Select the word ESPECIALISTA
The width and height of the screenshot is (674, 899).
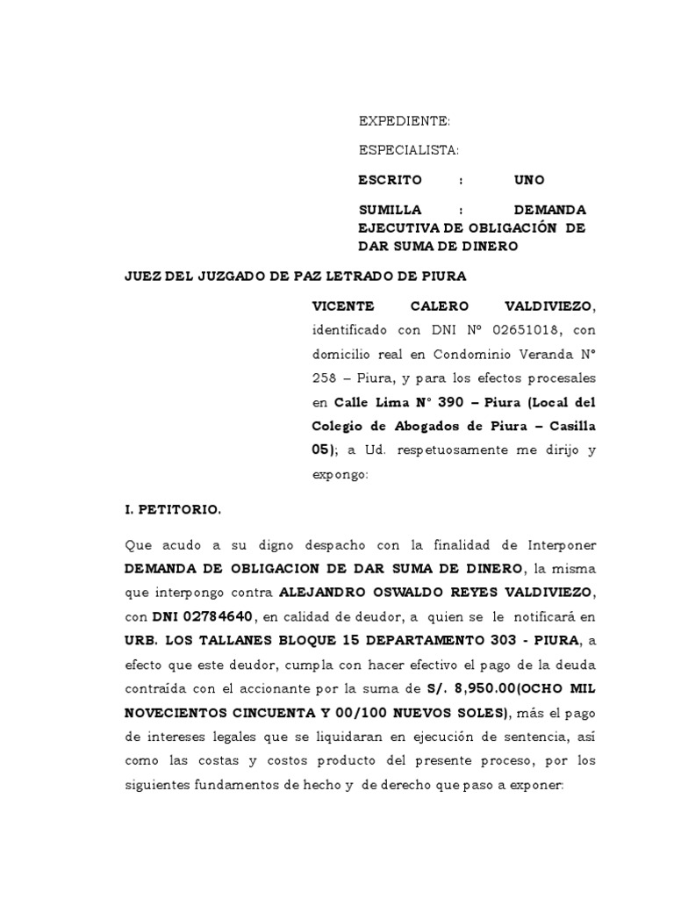point(408,150)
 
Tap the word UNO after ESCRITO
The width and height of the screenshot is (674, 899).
point(529,180)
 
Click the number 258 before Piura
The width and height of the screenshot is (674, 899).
point(326,379)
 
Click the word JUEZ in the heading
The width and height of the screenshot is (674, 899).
point(145,276)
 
